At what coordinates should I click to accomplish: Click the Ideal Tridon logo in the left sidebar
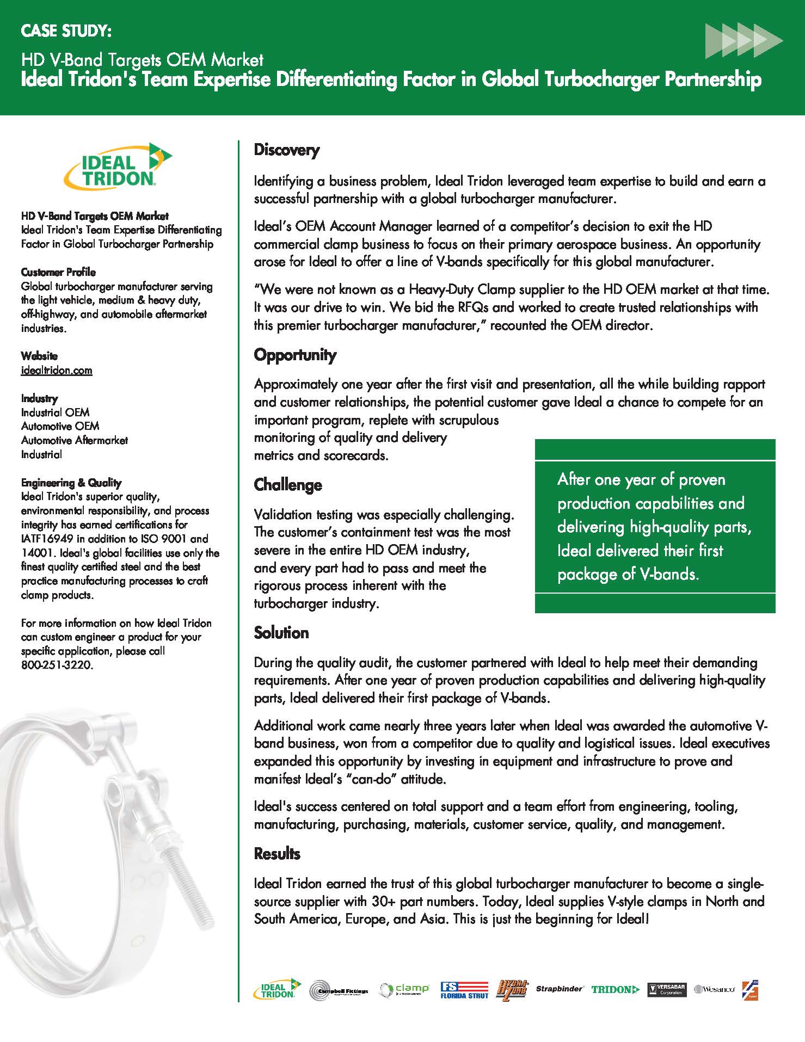pyautogui.click(x=118, y=165)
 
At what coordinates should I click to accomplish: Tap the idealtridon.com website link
pyautogui.click(x=57, y=371)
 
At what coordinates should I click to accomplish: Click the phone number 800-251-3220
pyautogui.click(x=57, y=665)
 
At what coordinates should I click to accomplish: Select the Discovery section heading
pyautogui.click(x=286, y=150)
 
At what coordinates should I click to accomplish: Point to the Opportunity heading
pyautogui.click(x=295, y=355)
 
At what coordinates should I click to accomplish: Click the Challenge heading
pyautogui.click(x=288, y=485)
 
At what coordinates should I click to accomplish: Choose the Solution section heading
pyautogui.click(x=281, y=633)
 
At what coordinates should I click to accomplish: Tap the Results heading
pyautogui.click(x=277, y=854)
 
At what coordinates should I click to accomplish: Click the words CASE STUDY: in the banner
pyautogui.click(x=66, y=31)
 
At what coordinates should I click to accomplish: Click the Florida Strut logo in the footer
pyautogui.click(x=464, y=990)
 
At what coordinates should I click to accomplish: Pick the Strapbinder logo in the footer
pyautogui.click(x=560, y=989)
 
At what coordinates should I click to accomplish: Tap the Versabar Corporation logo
pyautogui.click(x=667, y=990)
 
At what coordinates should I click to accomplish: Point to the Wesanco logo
pyautogui.click(x=715, y=989)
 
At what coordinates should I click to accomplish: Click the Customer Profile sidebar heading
pyautogui.click(x=58, y=272)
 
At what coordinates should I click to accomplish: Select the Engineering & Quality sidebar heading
pyautogui.click(x=71, y=483)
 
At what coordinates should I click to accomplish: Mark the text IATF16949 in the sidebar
pyautogui.click(x=46, y=539)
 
